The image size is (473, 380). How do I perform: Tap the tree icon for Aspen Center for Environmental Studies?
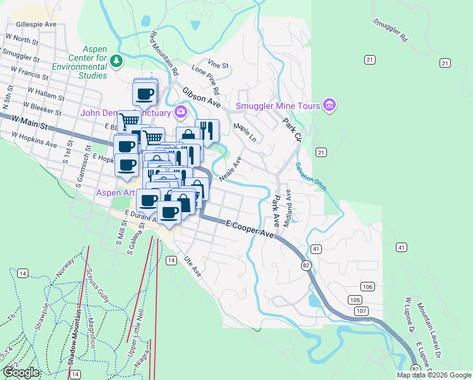(116, 61)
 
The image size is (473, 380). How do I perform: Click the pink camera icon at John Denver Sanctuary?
(181, 113)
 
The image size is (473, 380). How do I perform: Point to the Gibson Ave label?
(201, 97)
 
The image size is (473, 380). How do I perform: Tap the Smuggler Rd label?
(390, 30)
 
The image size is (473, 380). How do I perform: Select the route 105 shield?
(355, 299)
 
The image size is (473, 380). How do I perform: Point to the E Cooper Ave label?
(250, 229)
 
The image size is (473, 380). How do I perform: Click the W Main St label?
(29, 123)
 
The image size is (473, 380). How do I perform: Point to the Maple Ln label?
(245, 132)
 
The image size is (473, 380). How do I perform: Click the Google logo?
(21, 372)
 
